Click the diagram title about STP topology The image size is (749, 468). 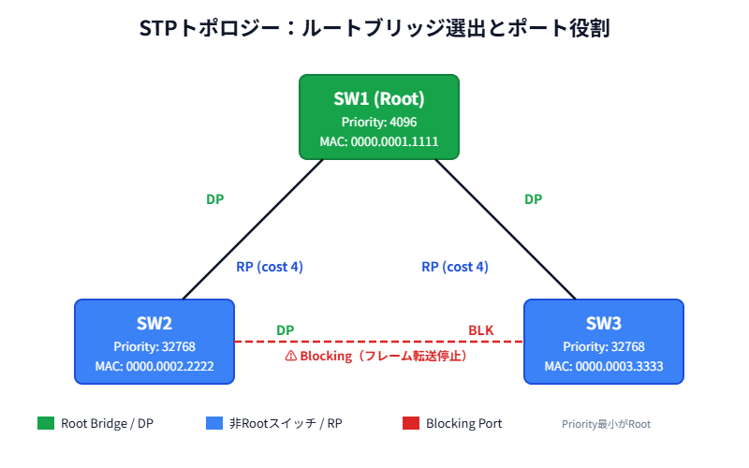click(374, 28)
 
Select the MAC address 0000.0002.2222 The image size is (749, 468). click(154, 366)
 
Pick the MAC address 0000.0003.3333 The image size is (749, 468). click(604, 366)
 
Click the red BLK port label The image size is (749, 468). click(480, 330)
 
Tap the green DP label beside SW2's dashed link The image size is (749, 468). click(285, 330)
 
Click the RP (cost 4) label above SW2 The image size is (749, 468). click(270, 267)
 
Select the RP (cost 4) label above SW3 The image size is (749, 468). click(455, 267)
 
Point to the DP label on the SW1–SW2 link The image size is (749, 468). click(214, 199)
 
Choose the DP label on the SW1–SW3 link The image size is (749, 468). click(533, 199)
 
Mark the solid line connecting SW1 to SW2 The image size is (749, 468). click(253, 229)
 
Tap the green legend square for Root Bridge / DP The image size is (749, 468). click(46, 423)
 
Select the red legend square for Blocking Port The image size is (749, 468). click(410, 423)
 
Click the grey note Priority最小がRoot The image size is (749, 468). click(606, 424)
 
